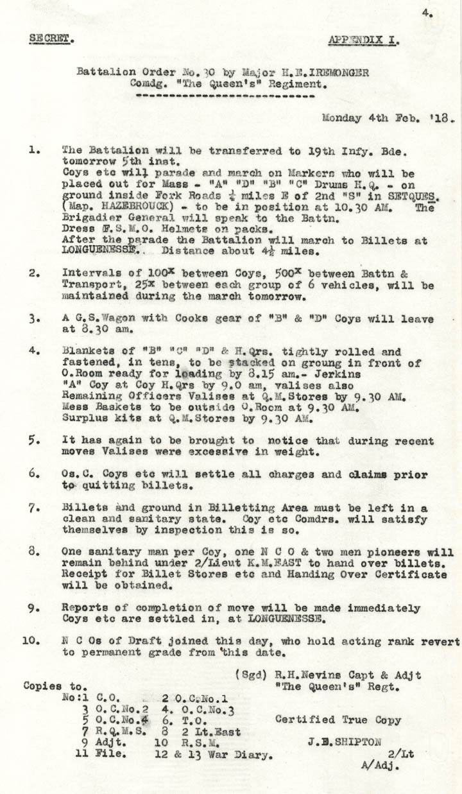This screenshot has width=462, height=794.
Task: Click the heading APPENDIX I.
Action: click(363, 40)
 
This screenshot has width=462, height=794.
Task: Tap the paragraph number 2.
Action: click(32, 273)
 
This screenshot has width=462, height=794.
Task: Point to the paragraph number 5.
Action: click(33, 441)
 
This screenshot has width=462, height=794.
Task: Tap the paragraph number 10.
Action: click(30, 641)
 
